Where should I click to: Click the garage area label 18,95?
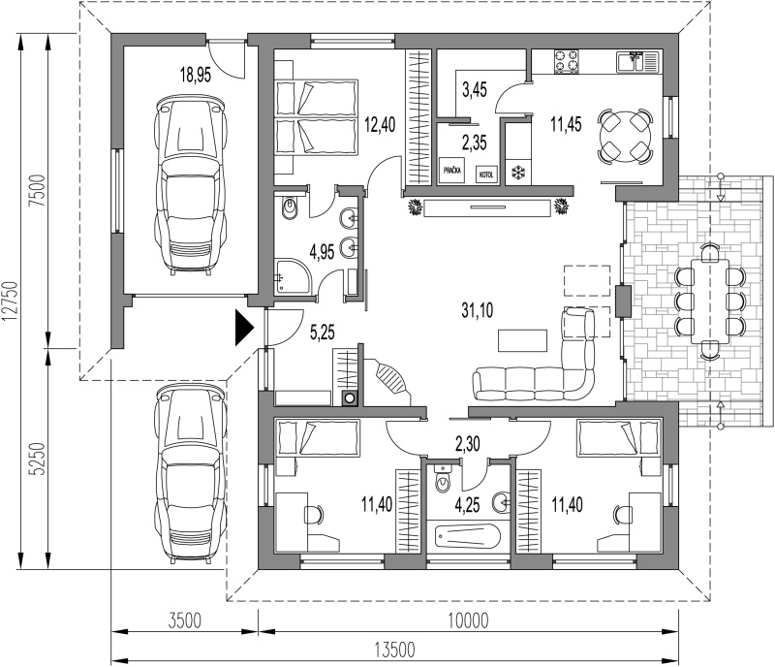(x=196, y=76)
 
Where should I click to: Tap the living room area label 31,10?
(x=478, y=310)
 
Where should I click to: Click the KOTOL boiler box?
(x=487, y=175)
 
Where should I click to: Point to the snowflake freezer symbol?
(x=518, y=173)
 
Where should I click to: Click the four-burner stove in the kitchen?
(x=567, y=62)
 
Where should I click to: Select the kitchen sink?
(x=637, y=61)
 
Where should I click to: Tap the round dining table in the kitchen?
(x=625, y=136)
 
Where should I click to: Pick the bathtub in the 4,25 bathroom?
(x=467, y=536)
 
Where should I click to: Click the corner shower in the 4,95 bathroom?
(x=294, y=275)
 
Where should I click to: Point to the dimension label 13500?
(x=394, y=650)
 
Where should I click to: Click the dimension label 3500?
(x=184, y=620)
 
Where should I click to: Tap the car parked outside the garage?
(x=191, y=474)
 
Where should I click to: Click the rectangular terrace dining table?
(x=710, y=301)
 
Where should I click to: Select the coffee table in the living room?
(x=522, y=340)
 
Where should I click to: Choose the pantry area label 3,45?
(x=475, y=89)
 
